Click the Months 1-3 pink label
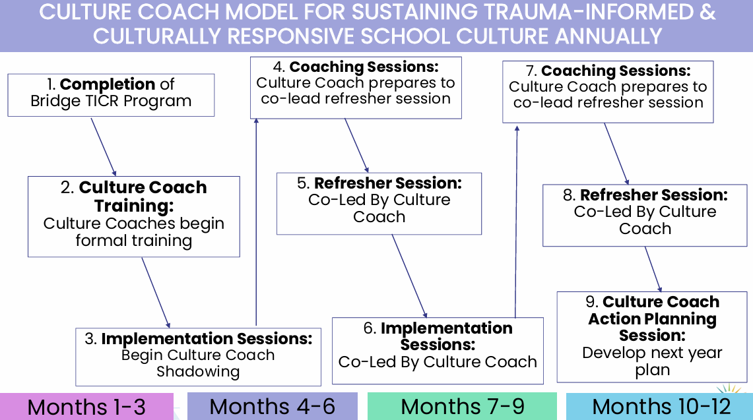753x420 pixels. coord(86,406)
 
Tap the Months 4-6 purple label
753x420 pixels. coord(272,406)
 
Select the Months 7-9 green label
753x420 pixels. coord(463,406)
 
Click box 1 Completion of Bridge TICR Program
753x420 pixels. coord(111,94)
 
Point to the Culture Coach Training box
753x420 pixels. coord(133,216)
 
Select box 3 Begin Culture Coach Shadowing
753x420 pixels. coord(198,356)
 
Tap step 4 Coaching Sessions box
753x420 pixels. coord(356,87)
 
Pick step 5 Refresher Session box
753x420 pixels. coord(379,203)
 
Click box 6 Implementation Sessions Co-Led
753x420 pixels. coord(438,350)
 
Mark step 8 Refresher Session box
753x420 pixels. coord(645,215)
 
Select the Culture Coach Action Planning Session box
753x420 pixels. coord(653,336)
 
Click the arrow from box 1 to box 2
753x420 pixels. coord(103,146)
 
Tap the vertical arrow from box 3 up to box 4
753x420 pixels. coord(255,224)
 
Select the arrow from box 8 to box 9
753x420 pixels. coord(653,269)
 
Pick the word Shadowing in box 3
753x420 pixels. coord(198,372)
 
